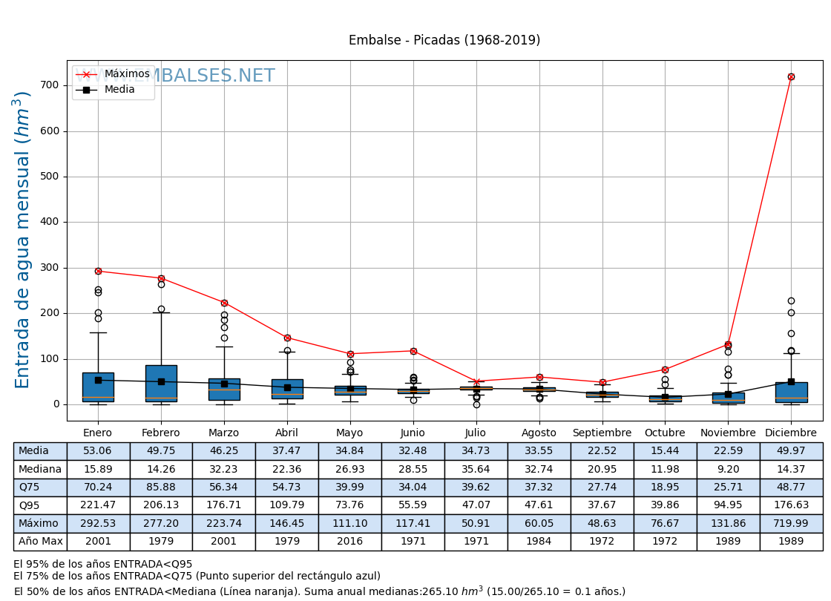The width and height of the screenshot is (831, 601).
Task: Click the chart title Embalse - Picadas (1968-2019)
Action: click(x=444, y=41)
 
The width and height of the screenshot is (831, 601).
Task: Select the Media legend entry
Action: click(x=119, y=90)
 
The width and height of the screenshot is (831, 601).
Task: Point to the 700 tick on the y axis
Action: click(x=50, y=85)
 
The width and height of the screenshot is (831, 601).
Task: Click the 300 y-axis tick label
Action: click(x=50, y=268)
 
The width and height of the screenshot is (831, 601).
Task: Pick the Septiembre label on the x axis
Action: click(x=602, y=433)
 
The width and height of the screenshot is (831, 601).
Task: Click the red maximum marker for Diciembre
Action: click(x=791, y=76)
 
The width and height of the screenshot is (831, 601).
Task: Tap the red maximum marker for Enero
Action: click(x=98, y=271)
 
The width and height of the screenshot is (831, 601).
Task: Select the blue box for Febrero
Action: click(x=161, y=383)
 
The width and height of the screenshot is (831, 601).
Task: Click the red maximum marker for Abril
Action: click(x=287, y=338)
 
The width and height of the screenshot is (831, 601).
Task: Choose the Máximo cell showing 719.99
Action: click(x=791, y=523)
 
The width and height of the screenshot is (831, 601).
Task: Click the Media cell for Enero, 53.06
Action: click(x=98, y=451)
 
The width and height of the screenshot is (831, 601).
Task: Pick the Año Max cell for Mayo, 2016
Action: click(x=349, y=542)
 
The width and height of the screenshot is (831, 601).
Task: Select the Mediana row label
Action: click(x=40, y=469)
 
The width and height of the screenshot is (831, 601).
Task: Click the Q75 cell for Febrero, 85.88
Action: click(x=161, y=487)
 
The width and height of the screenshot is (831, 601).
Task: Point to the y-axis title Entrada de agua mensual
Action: click(x=23, y=240)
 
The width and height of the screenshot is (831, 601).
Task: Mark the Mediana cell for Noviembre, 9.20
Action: click(x=728, y=469)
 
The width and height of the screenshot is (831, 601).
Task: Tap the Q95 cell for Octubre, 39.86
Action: click(x=665, y=505)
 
